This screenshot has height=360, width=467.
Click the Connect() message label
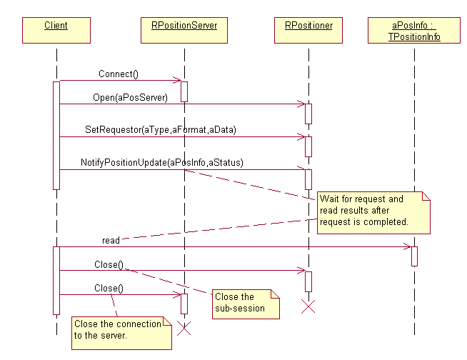(x=119, y=74)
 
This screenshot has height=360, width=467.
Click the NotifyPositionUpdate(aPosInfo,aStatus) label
(x=161, y=163)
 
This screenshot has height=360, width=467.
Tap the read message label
(x=111, y=241)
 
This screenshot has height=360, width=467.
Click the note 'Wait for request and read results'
(x=374, y=211)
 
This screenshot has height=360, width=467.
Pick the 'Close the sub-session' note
(x=244, y=302)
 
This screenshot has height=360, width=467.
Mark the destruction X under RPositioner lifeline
(x=308, y=307)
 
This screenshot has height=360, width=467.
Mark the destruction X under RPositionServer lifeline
(x=184, y=329)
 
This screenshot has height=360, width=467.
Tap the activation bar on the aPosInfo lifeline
(x=414, y=256)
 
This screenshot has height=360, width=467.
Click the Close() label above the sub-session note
(x=109, y=264)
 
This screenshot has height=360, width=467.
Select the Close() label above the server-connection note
(x=109, y=288)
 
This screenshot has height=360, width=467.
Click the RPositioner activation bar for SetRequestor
(x=308, y=146)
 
